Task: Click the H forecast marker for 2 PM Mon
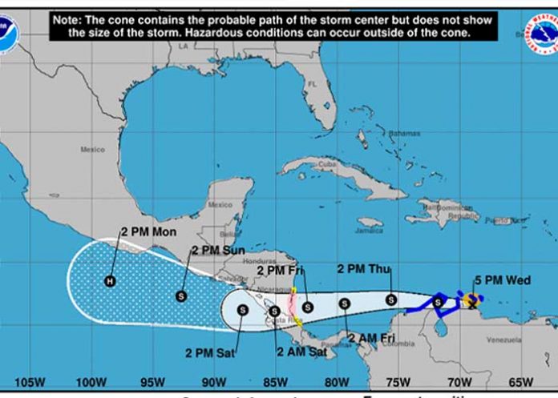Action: click(109, 280)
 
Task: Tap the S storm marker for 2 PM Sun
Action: click(181, 296)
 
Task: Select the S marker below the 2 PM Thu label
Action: click(390, 300)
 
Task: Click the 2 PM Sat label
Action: click(212, 352)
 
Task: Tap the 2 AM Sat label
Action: click(301, 351)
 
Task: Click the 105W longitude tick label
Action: click(29, 381)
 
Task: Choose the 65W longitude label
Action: click(520, 381)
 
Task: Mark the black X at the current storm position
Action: click(472, 304)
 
